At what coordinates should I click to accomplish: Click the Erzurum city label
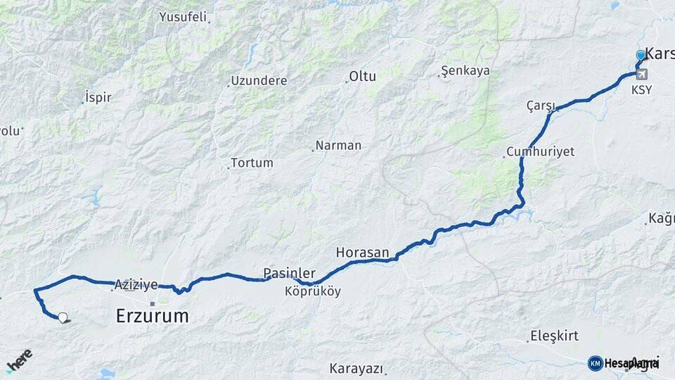pos(152,316)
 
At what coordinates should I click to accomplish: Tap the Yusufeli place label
pos(183,16)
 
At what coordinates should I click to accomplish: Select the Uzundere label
pos(259,80)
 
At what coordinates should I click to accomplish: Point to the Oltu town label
pos(363,76)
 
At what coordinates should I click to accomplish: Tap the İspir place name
pos(98,97)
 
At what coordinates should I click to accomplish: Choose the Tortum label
pos(252,163)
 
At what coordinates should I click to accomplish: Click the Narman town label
pos(338,146)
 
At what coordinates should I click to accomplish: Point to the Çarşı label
pos(541,106)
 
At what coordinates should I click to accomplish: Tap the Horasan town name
pos(362,252)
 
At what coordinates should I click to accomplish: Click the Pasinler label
pos(289,272)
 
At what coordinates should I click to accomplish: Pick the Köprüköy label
pos(313,291)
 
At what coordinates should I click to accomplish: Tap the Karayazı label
pos(356,368)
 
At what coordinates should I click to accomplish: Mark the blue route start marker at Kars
pos(641,55)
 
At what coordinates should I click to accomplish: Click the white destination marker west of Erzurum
pos(63,318)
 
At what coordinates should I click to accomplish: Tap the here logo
pos(19,360)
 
